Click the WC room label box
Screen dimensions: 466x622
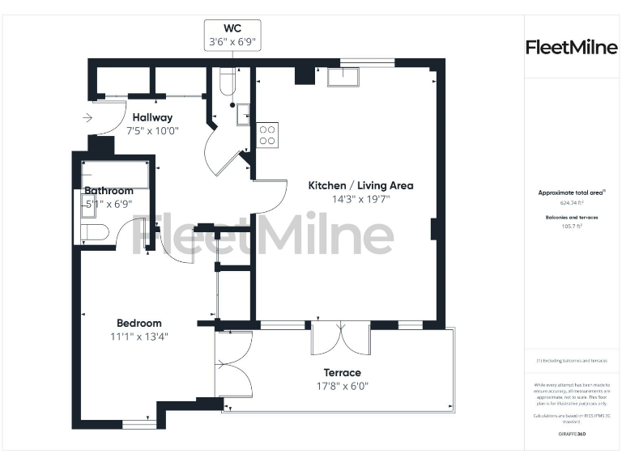(x=232, y=34)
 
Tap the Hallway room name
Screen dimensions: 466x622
(x=152, y=117)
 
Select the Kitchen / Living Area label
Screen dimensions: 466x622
(x=360, y=185)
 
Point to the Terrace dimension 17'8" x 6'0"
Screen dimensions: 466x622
(x=342, y=386)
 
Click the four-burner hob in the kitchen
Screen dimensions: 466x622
(x=267, y=134)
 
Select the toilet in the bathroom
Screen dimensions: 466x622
(x=94, y=233)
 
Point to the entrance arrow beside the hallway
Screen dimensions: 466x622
(x=87, y=118)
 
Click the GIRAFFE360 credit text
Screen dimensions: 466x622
(x=572, y=434)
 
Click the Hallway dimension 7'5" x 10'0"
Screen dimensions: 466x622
(x=152, y=130)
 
